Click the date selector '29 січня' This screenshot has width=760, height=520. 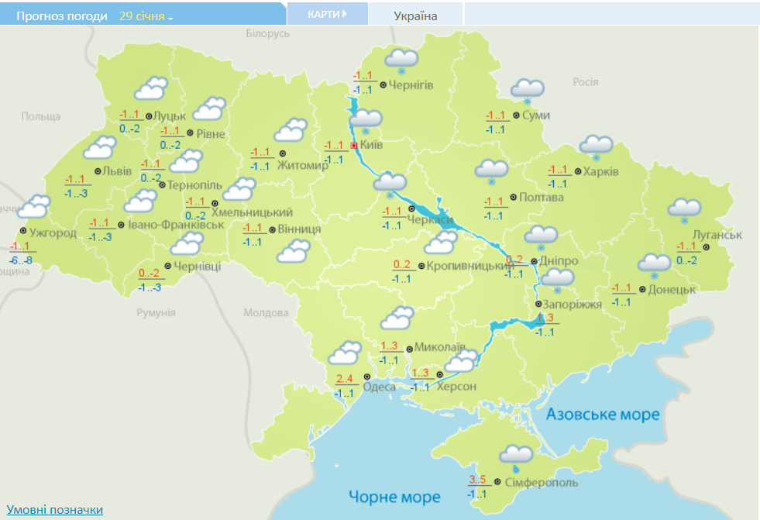click(145, 15)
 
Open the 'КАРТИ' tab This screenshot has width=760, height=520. click(326, 15)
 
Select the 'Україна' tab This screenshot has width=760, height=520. click(415, 15)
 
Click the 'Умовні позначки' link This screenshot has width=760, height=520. click(55, 509)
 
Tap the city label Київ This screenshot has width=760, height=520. click(372, 145)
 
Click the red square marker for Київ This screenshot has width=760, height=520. click(354, 145)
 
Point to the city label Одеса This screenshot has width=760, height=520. click(380, 387)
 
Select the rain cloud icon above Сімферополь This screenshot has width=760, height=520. click(515, 458)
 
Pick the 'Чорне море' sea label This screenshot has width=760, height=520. click(394, 497)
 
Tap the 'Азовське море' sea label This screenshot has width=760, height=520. click(603, 415)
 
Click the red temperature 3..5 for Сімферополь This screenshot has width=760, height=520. click(478, 478)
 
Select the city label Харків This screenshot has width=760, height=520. click(601, 171)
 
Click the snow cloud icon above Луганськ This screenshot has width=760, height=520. click(684, 209)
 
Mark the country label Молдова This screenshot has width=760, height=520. click(266, 313)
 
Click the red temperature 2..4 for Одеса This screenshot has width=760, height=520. click(345, 379)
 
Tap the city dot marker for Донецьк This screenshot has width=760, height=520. click(643, 289)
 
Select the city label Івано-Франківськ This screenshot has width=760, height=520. click(176, 224)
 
